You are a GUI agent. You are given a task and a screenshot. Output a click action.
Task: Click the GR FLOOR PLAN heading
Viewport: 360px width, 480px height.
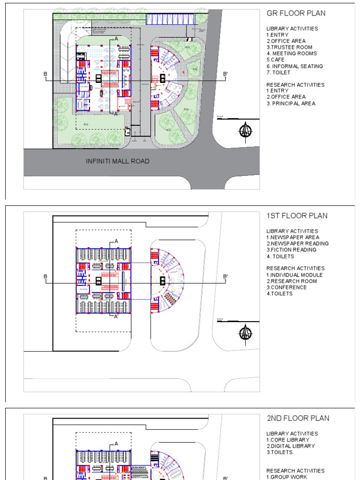(296, 13)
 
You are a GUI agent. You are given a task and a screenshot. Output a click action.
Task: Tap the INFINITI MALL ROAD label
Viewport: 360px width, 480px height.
(118, 161)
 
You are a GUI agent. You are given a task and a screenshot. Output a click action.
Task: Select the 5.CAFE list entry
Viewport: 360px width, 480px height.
(275, 60)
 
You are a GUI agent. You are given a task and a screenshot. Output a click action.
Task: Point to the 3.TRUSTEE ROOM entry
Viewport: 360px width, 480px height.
(289, 47)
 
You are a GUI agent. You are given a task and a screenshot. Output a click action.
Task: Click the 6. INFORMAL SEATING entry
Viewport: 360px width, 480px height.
(295, 66)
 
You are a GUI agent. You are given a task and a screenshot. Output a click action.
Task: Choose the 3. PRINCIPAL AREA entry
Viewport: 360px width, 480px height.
(291, 103)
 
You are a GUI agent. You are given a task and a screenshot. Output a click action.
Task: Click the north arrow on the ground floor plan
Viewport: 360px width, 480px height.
(245, 131)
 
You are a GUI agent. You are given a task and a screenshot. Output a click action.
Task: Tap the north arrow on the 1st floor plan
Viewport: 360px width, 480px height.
(245, 333)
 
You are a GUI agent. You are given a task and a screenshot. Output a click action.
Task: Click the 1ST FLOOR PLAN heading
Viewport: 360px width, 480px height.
(297, 216)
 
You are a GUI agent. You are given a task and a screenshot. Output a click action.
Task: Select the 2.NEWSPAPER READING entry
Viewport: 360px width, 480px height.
(298, 244)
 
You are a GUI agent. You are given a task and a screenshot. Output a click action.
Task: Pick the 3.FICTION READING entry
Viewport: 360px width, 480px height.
(292, 250)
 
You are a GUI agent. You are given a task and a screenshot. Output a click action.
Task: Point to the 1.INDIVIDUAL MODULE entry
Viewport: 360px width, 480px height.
(295, 275)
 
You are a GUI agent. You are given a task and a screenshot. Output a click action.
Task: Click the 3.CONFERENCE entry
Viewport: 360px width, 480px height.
(286, 287)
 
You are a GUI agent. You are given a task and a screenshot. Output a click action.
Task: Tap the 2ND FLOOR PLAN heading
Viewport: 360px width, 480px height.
(298, 418)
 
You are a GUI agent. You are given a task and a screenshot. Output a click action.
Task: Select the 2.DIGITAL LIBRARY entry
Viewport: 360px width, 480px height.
(291, 446)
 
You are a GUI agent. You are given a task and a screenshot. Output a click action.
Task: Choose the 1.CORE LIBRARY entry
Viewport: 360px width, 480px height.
(288, 440)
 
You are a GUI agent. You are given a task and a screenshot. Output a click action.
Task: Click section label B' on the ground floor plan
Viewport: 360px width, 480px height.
(225, 74)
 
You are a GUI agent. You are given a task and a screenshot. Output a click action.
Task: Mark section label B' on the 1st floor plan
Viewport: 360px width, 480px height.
(225, 277)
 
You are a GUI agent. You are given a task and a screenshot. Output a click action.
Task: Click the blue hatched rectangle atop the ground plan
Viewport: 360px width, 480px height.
(170, 19)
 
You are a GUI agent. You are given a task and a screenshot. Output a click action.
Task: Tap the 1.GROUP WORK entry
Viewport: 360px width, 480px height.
(287, 477)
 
